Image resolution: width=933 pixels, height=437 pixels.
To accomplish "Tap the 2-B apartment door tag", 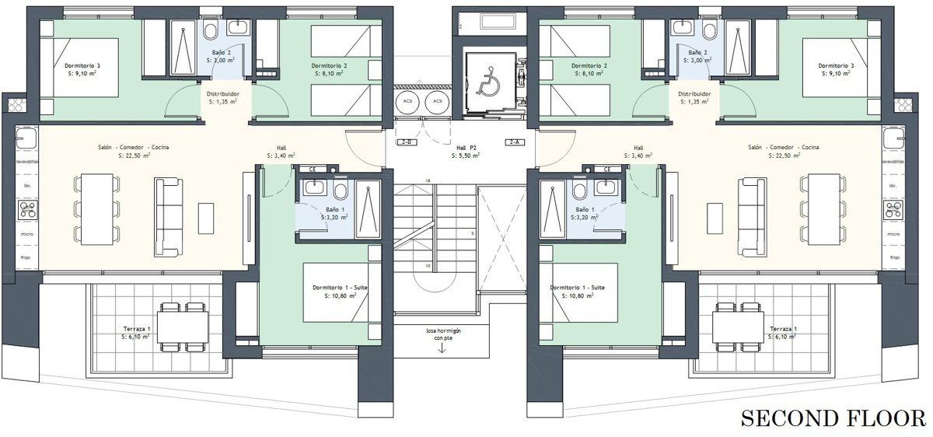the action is (407, 142).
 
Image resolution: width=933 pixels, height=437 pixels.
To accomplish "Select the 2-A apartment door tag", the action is (515, 142).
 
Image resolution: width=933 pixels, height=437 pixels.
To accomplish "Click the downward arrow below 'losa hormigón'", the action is (442, 348).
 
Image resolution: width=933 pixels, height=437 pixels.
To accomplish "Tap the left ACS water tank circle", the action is (407, 101).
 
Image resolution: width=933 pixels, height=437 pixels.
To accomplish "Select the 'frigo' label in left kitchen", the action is (26, 257).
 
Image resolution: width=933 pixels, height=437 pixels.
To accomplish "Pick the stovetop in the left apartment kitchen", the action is (28, 210).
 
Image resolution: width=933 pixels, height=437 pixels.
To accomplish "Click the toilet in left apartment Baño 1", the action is (341, 191).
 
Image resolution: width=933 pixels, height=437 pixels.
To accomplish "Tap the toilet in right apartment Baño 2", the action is (708, 30).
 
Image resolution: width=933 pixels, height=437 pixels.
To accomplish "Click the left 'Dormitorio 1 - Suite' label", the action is (340, 288).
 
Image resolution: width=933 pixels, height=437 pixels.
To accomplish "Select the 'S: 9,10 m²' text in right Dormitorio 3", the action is (836, 73).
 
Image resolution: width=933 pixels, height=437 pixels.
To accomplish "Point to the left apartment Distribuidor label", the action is (223, 94).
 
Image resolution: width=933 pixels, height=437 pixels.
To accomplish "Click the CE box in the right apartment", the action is (607, 170).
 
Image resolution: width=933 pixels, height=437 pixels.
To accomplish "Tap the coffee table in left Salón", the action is (206, 218).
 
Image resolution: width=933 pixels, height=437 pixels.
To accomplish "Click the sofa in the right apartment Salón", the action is (753, 217).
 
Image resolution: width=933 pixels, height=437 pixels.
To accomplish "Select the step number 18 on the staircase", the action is (428, 181).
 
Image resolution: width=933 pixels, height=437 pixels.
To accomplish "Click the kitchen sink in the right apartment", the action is (894, 138).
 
